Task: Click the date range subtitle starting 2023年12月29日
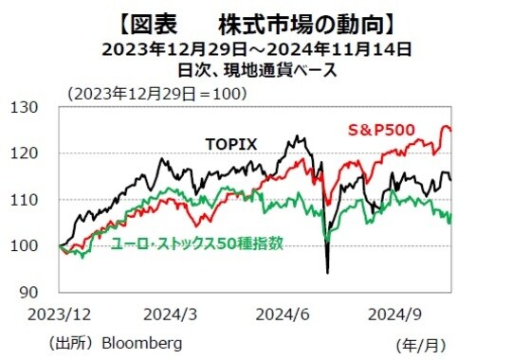click(x=257, y=46)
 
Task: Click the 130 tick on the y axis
click(x=37, y=107)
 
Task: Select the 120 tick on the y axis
click(x=37, y=153)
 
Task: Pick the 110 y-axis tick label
click(x=37, y=200)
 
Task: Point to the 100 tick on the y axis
click(x=37, y=246)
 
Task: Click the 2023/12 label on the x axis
click(x=60, y=314)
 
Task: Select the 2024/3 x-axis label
click(x=171, y=314)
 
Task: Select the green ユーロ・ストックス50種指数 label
click(x=196, y=243)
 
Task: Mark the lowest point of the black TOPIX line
click(x=327, y=273)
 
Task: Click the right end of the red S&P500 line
click(x=450, y=130)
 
